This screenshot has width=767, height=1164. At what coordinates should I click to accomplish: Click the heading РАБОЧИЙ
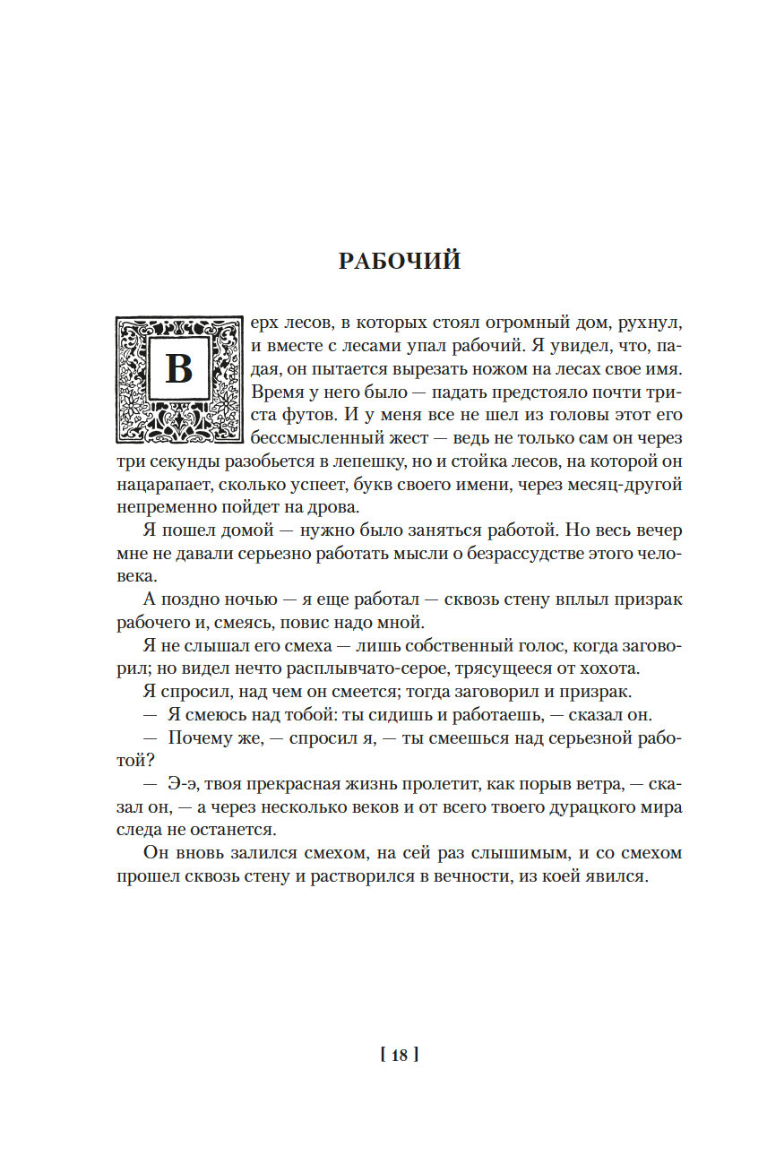400,261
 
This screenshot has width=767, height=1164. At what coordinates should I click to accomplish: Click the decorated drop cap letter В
179,368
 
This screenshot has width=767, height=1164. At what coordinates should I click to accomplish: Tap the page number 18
400,1055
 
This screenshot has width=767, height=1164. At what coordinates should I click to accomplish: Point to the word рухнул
651,322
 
